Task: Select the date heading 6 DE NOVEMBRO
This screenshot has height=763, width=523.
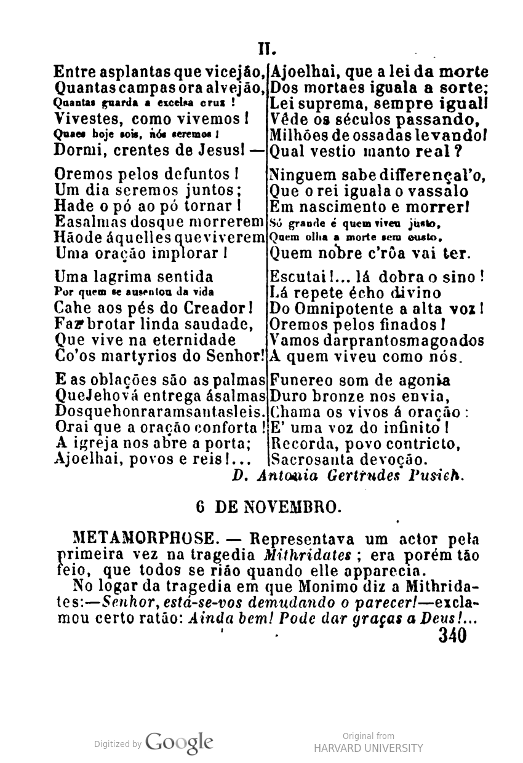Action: pos(266,507)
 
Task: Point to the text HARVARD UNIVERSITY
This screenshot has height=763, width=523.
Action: pos(369,748)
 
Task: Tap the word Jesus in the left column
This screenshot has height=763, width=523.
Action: pos(225,149)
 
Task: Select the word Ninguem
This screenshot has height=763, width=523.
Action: pos(297,176)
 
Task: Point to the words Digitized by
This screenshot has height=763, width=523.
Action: pos(118,744)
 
